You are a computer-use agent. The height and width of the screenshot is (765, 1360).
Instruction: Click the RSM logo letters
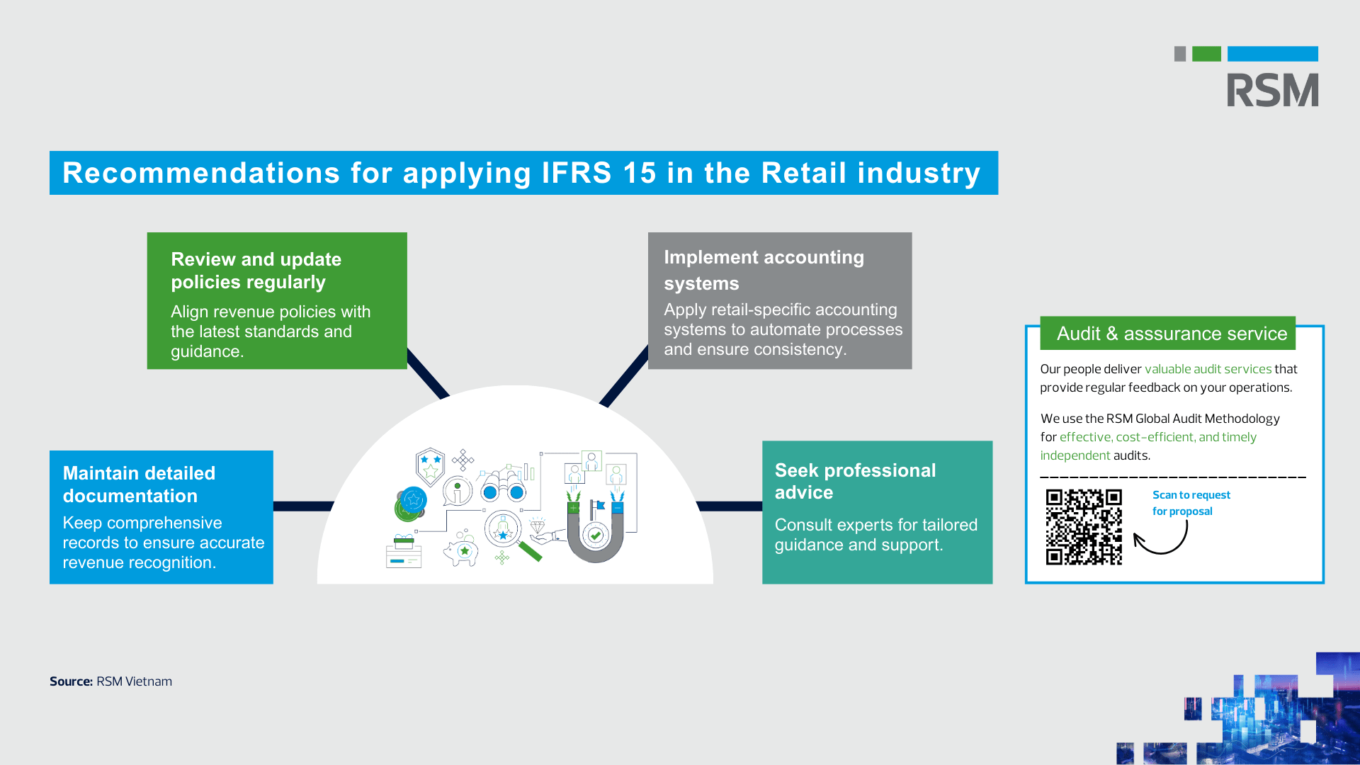point(1272,90)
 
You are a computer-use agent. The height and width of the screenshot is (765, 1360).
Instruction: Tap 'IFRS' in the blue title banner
point(577,173)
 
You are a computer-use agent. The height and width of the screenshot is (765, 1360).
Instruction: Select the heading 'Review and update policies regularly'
point(256,271)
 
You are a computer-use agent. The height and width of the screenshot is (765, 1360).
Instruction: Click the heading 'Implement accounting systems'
point(764,270)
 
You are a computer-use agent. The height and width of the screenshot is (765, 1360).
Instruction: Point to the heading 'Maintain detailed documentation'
point(139,484)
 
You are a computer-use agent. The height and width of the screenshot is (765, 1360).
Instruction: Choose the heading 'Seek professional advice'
point(855,481)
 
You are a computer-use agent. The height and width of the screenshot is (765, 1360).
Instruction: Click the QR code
point(1084,527)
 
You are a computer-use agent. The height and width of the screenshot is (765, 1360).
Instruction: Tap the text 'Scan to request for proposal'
point(1191,503)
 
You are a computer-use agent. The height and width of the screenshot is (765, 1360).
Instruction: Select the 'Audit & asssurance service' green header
point(1171,334)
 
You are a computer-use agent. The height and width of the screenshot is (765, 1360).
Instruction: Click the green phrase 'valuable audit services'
point(1208,369)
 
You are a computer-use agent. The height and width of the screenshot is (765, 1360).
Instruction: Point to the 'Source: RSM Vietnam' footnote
point(110,681)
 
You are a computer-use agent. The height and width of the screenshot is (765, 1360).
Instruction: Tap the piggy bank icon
point(462,551)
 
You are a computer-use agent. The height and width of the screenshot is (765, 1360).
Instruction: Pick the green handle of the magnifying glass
point(531,551)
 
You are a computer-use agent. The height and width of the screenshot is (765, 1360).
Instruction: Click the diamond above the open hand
point(538,526)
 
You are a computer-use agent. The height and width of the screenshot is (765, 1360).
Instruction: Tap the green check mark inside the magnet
point(596,535)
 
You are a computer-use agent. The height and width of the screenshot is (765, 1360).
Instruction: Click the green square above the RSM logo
point(1206,54)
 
